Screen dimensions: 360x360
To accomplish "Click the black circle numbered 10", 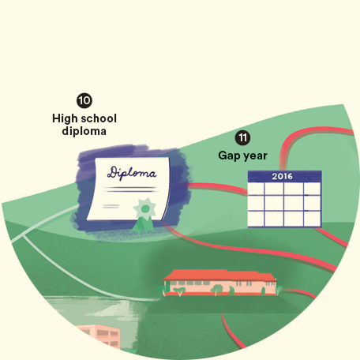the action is click(x=84, y=100).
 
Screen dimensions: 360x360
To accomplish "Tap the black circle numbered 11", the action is click(x=242, y=137).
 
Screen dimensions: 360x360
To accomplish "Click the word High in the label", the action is click(x=65, y=118).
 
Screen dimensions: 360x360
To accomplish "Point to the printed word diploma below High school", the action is click(x=84, y=131).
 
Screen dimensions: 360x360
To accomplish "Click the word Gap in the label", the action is click(x=229, y=156).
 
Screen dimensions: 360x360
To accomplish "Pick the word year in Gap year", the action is click(x=255, y=156).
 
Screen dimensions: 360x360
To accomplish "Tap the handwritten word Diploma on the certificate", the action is click(x=132, y=173).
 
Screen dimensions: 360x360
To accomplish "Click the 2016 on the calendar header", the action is click(x=282, y=176).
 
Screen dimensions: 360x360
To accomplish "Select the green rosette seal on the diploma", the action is click(x=144, y=209).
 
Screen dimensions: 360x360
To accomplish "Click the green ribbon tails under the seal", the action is click(x=143, y=226).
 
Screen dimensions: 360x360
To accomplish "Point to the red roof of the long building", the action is click(x=219, y=275).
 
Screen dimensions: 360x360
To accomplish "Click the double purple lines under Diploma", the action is click(x=131, y=189).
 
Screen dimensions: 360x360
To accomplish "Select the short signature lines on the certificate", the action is click(x=111, y=206).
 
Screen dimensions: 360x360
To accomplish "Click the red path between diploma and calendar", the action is click(x=218, y=188).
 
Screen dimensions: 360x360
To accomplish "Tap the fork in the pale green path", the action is click(x=23, y=235).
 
